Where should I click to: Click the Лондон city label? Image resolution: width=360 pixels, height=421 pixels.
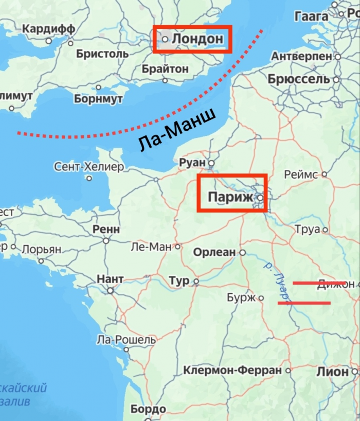tap(197, 39)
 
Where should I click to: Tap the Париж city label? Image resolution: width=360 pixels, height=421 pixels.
tap(230, 197)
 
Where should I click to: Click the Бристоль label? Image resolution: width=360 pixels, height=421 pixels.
tap(102, 53)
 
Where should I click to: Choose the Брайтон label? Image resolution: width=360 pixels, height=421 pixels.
tap(165, 68)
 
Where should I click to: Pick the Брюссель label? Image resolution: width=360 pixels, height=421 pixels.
tap(298, 79)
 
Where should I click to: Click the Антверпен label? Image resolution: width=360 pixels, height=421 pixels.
tap(301, 56)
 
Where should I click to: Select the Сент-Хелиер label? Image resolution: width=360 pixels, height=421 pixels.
tap(89, 167)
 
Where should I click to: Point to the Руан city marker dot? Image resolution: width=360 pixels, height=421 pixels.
tap(210, 163)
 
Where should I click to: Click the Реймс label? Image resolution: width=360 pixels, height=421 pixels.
tap(301, 174)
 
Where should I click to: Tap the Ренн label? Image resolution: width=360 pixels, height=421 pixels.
tap(106, 229)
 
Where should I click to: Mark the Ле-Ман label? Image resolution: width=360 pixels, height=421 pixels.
tap(151, 247)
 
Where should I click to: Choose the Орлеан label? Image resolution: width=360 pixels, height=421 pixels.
tap(214, 252)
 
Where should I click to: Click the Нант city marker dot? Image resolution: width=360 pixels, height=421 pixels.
tap(110, 290)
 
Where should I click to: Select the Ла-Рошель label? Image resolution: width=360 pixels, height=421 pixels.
tap(126, 340)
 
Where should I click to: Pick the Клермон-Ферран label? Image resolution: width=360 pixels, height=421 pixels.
tap(233, 370)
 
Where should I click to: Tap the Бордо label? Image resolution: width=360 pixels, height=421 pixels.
tap(148, 410)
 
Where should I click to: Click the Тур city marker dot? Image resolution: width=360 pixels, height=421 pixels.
tap(195, 281)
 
